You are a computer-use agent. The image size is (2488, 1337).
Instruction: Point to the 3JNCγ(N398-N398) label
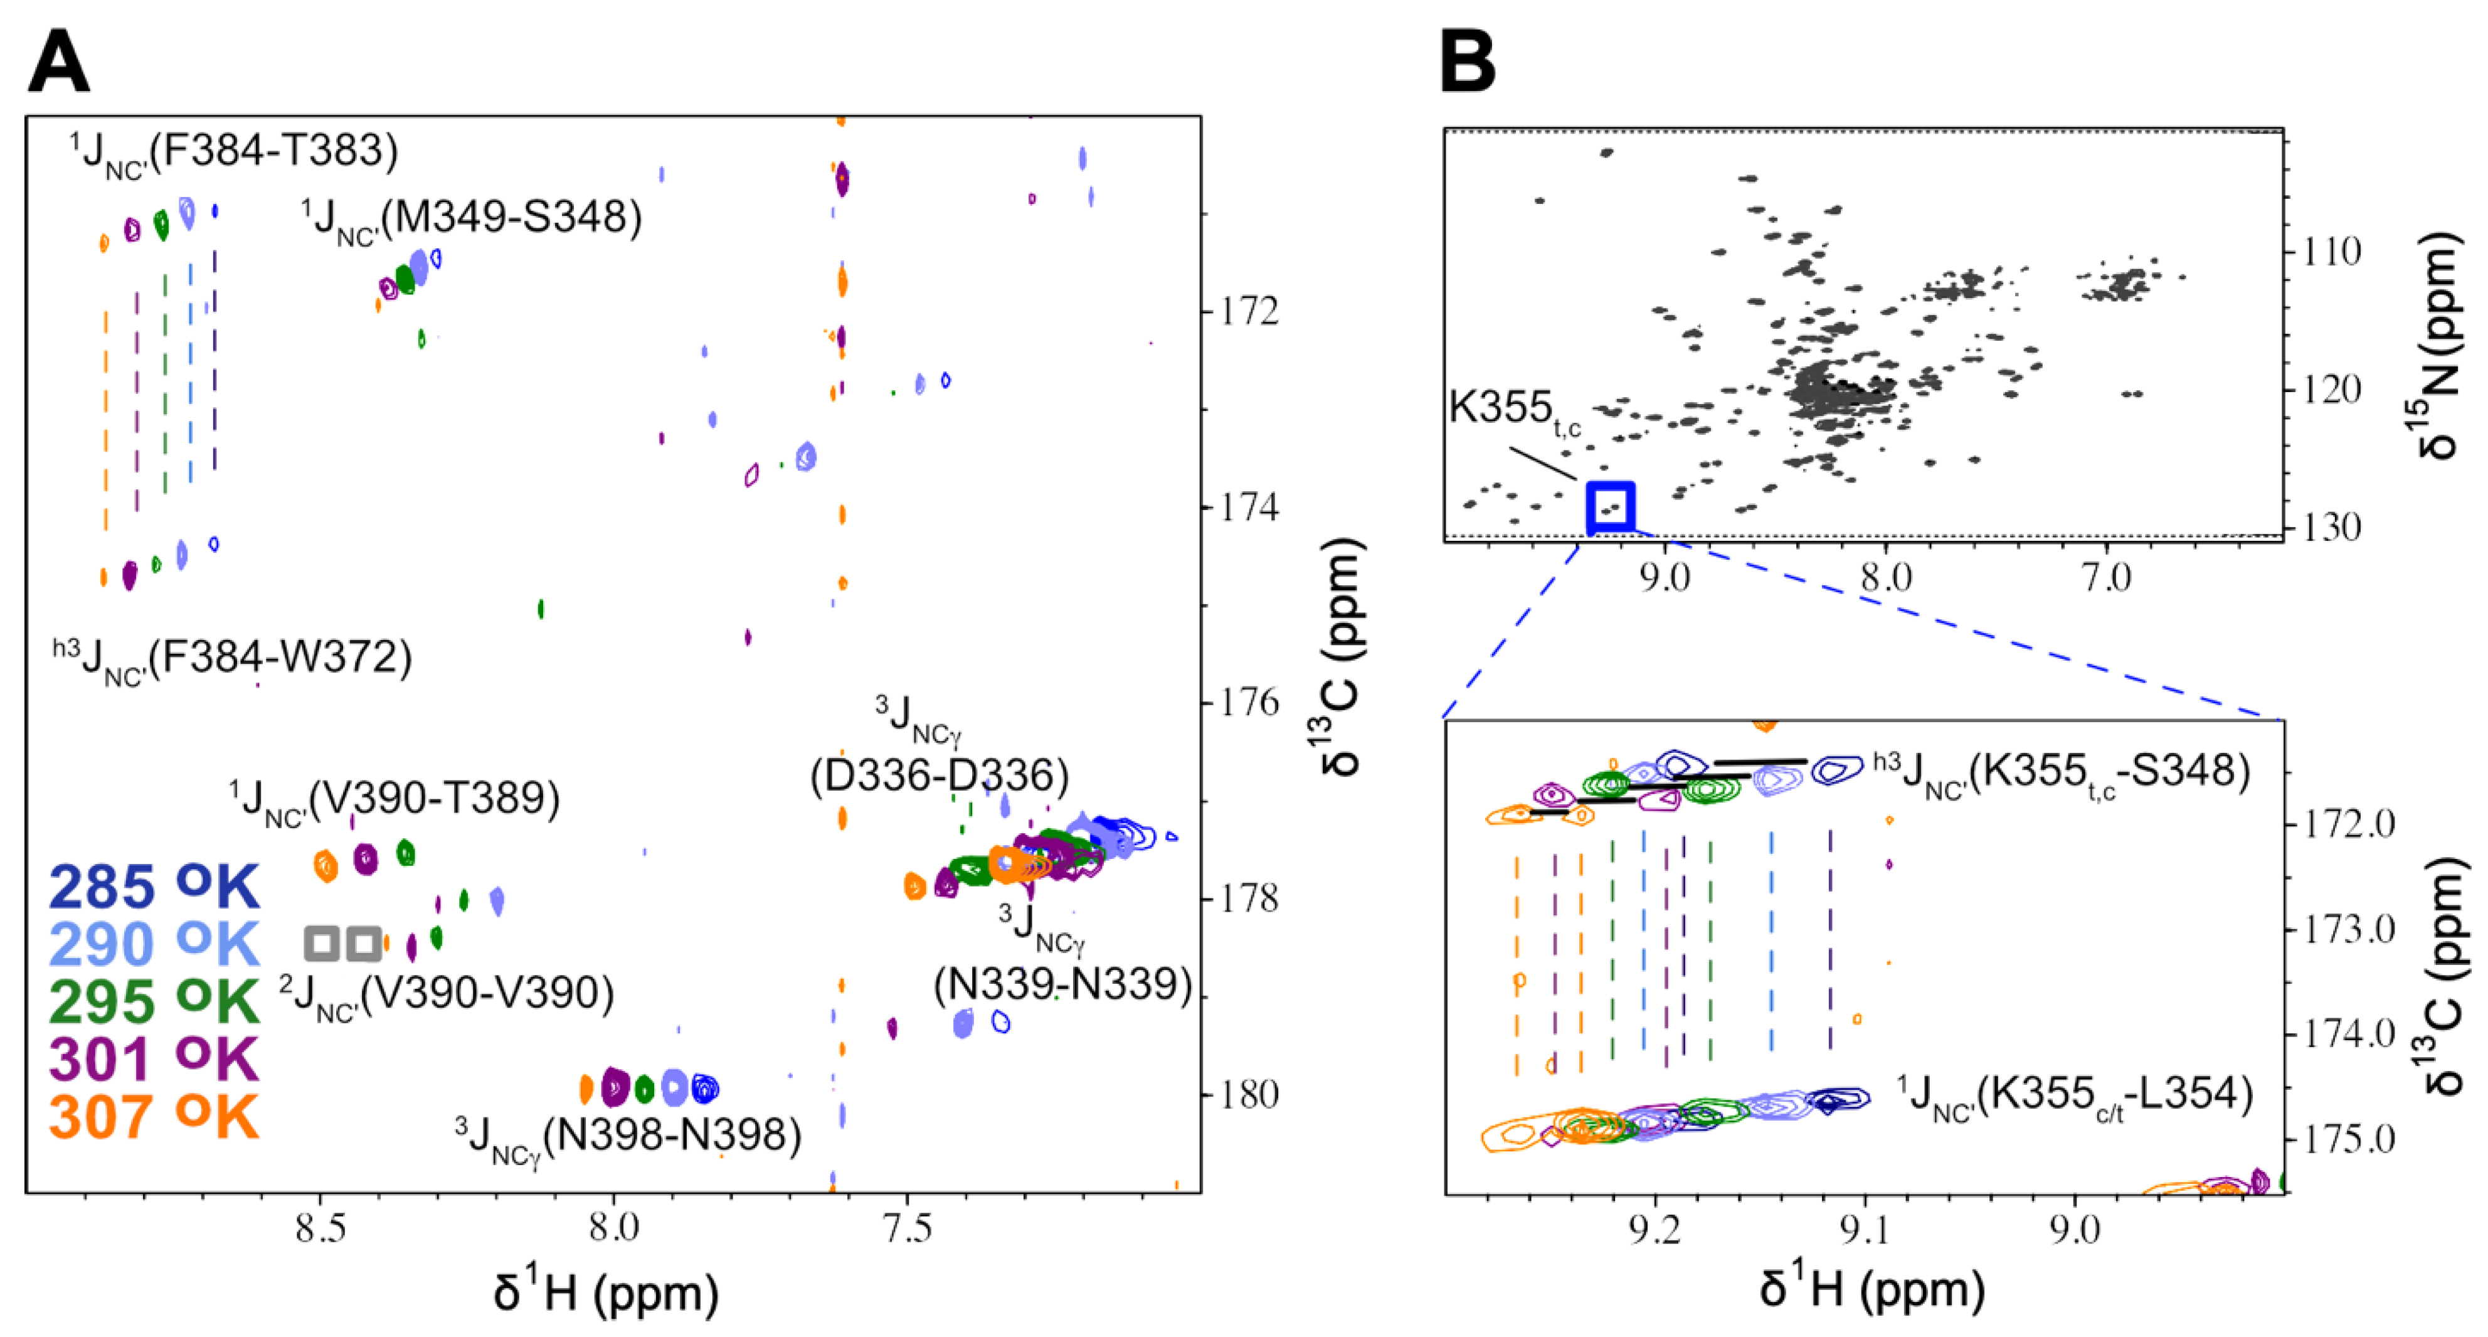628,1137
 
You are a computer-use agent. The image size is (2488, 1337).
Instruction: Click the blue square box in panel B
1610,506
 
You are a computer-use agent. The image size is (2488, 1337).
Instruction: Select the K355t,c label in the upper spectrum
1513,410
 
